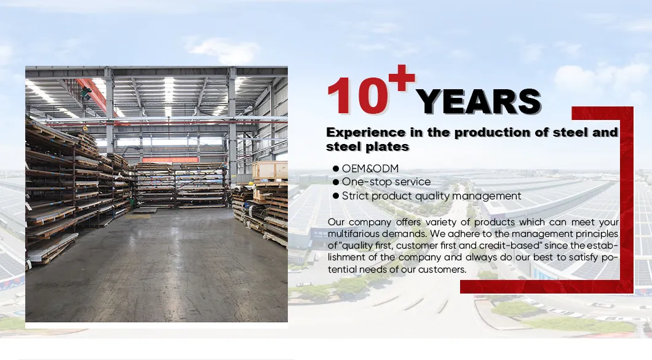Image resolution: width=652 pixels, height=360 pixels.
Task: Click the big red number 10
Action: pyautogui.click(x=358, y=96)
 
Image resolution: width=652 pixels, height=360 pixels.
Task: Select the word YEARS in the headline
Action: pyautogui.click(x=479, y=102)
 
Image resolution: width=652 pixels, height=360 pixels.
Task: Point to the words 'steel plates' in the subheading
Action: pyautogui.click(x=367, y=147)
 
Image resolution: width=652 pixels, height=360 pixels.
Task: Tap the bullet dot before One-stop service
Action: pyautogui.click(x=335, y=182)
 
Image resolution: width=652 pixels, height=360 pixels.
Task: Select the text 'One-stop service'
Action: pyautogui.click(x=386, y=182)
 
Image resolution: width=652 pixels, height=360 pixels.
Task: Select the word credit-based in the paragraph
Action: pyautogui.click(x=473, y=245)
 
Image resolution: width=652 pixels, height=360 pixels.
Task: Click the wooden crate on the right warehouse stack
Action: pyautogui.click(x=269, y=170)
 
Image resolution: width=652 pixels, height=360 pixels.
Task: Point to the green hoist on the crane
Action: pyautogui.click(x=85, y=92)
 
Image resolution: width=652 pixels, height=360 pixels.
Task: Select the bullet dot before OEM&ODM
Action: pyautogui.click(x=335, y=168)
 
